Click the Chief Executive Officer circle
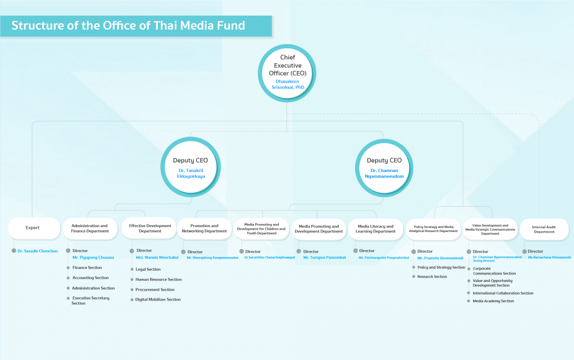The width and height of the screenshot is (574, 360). (x=287, y=73)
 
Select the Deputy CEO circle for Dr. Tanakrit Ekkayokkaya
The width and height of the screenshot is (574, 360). (x=191, y=167)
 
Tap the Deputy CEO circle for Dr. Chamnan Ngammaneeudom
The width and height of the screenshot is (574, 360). (x=384, y=168)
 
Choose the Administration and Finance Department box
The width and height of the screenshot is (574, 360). (x=90, y=229)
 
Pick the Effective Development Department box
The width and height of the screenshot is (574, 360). (x=150, y=228)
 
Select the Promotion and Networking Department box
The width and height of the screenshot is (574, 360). (x=204, y=229)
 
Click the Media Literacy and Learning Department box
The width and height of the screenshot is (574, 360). (x=376, y=229)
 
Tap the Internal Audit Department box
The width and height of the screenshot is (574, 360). (x=544, y=229)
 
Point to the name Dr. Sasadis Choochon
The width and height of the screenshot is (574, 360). (x=38, y=251)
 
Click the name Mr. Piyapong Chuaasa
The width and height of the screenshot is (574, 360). (x=93, y=257)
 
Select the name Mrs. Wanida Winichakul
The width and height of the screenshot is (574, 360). (x=157, y=257)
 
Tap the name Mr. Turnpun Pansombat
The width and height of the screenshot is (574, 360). (x=325, y=257)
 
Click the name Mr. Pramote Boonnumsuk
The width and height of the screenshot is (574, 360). (x=440, y=258)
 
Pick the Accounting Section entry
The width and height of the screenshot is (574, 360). (x=90, y=278)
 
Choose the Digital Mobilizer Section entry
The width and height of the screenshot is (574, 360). (x=158, y=299)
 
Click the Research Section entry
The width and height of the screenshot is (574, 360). (x=432, y=277)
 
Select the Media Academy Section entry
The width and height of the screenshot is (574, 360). (x=493, y=301)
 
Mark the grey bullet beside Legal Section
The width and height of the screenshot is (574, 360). (x=132, y=269)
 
